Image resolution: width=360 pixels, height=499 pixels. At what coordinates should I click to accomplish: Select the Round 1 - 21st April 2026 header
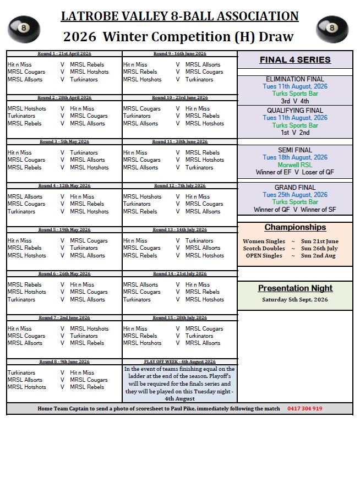click(x=64, y=53)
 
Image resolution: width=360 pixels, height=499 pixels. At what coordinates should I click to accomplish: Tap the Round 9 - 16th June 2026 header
click(x=179, y=53)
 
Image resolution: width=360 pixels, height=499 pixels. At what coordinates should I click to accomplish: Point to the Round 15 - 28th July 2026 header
click(x=179, y=317)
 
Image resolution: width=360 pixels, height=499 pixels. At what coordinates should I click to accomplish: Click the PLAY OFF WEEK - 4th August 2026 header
click(x=179, y=361)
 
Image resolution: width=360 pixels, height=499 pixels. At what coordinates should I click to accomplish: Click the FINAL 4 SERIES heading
click(x=295, y=60)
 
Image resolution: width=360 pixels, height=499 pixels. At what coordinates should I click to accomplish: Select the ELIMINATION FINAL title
click(x=295, y=79)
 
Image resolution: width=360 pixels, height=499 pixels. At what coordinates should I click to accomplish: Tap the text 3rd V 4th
click(x=295, y=101)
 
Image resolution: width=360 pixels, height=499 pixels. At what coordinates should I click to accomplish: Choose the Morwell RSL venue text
click(x=295, y=164)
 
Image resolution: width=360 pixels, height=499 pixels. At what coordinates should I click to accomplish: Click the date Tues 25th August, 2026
click(x=295, y=195)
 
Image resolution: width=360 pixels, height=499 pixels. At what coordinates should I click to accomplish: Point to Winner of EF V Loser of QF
click(x=295, y=172)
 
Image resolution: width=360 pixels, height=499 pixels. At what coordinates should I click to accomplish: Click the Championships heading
click(x=295, y=227)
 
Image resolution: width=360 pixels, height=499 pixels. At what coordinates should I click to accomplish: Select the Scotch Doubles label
click(x=264, y=248)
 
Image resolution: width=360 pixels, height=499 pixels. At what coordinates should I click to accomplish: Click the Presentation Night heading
click(x=295, y=288)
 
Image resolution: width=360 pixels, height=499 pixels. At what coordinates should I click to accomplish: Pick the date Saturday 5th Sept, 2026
click(x=295, y=299)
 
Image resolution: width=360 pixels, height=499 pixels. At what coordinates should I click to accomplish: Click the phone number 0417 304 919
click(x=304, y=409)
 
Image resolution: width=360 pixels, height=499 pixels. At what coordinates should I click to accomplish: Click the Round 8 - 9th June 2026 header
click(x=64, y=361)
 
